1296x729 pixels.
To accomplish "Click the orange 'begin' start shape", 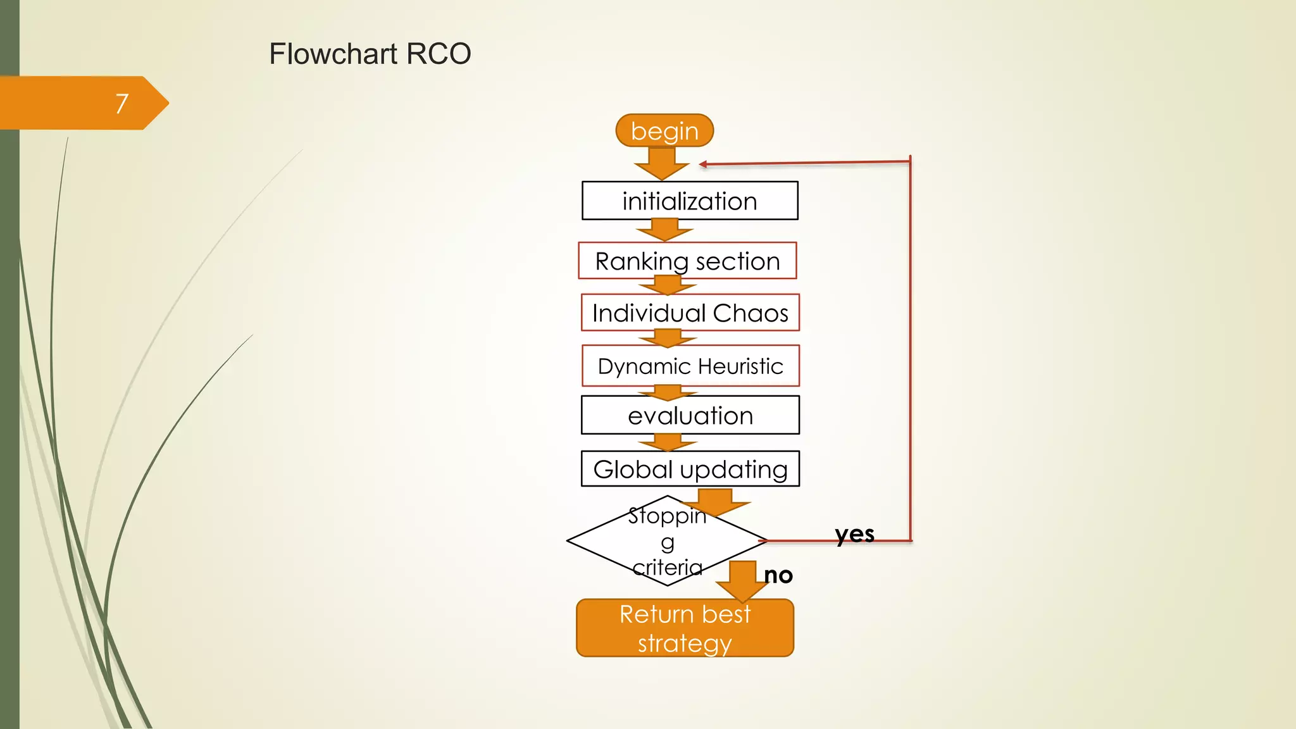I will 664,131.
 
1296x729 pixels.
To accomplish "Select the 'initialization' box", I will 690,201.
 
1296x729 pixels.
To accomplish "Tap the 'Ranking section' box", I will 687,261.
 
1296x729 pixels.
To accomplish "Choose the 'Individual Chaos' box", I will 690,313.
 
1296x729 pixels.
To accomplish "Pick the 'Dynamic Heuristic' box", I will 690,366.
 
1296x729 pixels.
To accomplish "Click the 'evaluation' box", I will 690,415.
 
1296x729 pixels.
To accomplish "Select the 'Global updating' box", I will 690,469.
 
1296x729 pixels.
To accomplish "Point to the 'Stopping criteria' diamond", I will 667,541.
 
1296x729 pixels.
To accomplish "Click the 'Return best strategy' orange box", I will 685,628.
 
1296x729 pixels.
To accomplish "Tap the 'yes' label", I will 854,534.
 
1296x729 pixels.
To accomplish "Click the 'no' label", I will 778,575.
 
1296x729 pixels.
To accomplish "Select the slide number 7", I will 122,103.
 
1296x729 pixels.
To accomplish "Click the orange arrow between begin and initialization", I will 662,164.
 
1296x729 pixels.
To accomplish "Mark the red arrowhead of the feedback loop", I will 703,165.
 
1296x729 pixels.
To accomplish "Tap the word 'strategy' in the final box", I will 685,644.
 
